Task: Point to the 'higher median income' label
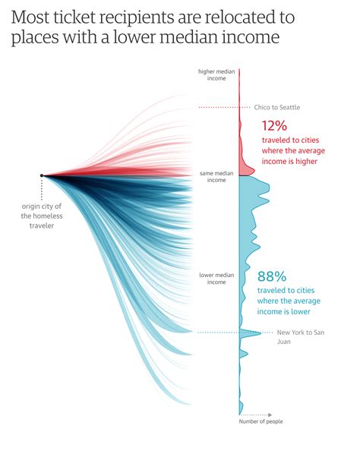[x=216, y=75]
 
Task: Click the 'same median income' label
[x=216, y=176]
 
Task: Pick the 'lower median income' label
[x=216, y=278]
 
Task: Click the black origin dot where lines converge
[x=42, y=175]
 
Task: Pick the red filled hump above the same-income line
[x=245, y=167]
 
